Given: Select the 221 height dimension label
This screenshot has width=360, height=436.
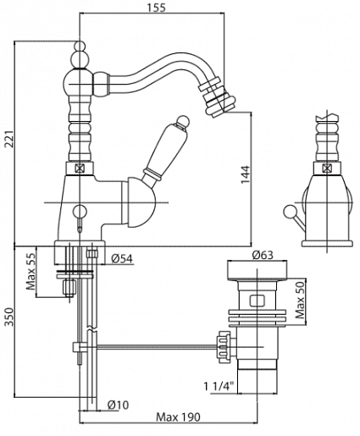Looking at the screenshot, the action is coord(10,139).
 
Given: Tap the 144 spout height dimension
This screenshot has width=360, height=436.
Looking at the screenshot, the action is coord(245,174).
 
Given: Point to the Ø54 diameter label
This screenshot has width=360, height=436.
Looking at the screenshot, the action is coord(122,258).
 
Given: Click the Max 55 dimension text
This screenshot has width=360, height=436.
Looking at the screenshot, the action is coord(31,271).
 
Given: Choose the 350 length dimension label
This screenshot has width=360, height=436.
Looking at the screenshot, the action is coord(10,317).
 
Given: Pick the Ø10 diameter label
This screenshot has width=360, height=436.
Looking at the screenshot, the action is coord(118,405).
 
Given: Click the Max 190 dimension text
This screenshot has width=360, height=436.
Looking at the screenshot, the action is coord(178,417).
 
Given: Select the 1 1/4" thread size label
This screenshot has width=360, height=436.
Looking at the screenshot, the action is coord(219,386).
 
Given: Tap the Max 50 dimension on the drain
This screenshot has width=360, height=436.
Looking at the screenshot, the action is coord(300,300).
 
